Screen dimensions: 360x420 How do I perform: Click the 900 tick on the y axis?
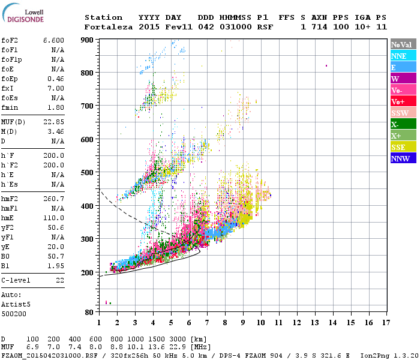pos(87,40)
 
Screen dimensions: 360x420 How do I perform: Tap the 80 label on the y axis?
pos(89,312)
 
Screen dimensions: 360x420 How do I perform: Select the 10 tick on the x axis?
pos(261,322)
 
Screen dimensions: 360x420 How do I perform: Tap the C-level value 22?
pos(60,280)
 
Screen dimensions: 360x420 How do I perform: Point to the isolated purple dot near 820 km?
pos(326,65)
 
